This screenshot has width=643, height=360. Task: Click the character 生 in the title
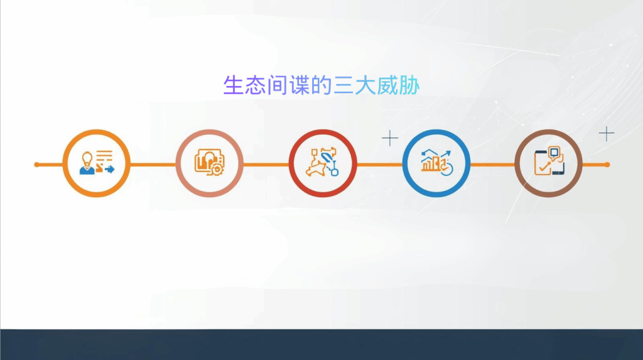point(233,85)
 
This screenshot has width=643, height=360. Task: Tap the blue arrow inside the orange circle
point(110,170)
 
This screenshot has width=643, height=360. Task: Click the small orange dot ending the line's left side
point(36,165)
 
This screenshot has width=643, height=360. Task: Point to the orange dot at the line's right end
point(607,165)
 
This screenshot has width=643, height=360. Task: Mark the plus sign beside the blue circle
point(390,138)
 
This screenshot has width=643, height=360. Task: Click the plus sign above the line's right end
point(607,133)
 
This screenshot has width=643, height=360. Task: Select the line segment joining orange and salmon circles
point(153,165)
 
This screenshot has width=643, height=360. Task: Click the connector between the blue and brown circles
point(492,165)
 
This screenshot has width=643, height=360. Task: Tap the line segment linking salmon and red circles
point(266,165)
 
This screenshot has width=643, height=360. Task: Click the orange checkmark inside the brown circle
point(543,168)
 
